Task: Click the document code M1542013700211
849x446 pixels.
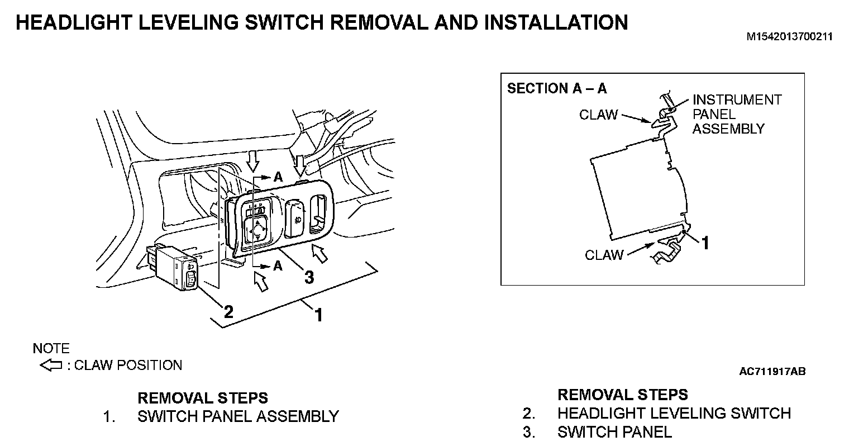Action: pyautogui.click(x=790, y=37)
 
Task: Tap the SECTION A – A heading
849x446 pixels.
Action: pyautogui.click(x=556, y=88)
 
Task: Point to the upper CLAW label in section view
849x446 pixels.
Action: pyautogui.click(x=598, y=115)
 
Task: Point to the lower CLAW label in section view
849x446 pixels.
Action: pyautogui.click(x=604, y=255)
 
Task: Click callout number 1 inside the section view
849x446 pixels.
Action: pyautogui.click(x=705, y=243)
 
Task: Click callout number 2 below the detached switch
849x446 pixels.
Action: pyautogui.click(x=228, y=311)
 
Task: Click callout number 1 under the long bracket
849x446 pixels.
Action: pyautogui.click(x=318, y=315)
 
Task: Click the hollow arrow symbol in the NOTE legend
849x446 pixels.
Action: pyautogui.click(x=51, y=366)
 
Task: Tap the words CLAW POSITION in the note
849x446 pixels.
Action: pyautogui.click(x=128, y=366)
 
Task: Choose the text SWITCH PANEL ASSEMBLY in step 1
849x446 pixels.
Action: pyautogui.click(x=238, y=416)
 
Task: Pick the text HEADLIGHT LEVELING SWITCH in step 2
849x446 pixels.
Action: pyautogui.click(x=674, y=414)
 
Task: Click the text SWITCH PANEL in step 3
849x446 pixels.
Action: pyautogui.click(x=614, y=432)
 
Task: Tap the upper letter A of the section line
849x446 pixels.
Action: pyautogui.click(x=278, y=177)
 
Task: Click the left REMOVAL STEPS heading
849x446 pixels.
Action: pyautogui.click(x=202, y=398)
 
